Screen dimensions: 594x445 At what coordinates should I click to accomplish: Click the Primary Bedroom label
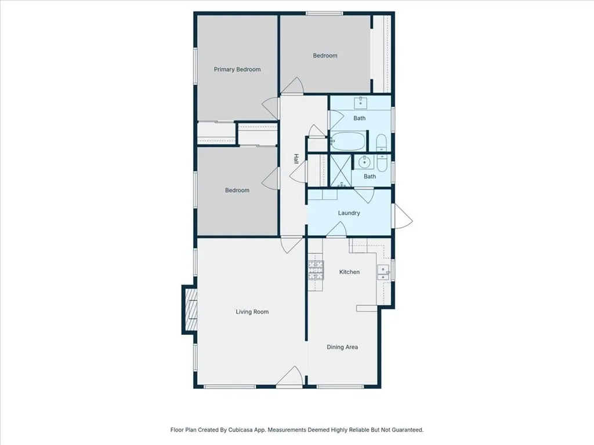click(237, 70)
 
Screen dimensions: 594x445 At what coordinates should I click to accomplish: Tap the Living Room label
click(252, 312)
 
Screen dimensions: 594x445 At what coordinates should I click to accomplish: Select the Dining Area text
click(342, 347)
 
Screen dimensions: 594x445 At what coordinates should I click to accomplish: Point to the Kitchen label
click(349, 272)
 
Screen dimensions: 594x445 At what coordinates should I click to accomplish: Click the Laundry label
click(349, 213)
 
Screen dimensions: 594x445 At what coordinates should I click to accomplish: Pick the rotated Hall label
click(296, 159)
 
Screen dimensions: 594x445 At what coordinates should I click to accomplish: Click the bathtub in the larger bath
click(347, 141)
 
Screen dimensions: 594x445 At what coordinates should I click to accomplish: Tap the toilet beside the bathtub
click(381, 143)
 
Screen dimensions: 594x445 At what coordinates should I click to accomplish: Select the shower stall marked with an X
click(341, 170)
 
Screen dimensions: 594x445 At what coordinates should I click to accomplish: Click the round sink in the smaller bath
click(364, 162)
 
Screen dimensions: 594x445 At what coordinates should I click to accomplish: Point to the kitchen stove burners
click(316, 270)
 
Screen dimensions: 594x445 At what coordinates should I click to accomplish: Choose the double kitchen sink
click(383, 272)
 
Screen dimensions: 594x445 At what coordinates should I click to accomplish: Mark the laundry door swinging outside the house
click(402, 216)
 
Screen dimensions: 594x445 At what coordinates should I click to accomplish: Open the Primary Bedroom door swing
click(270, 108)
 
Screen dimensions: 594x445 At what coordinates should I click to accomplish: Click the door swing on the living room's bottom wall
click(289, 377)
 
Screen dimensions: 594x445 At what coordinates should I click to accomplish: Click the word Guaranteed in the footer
click(408, 430)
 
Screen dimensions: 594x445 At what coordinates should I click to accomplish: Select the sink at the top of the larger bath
click(360, 102)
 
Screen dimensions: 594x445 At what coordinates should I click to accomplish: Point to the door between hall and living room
click(292, 245)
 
